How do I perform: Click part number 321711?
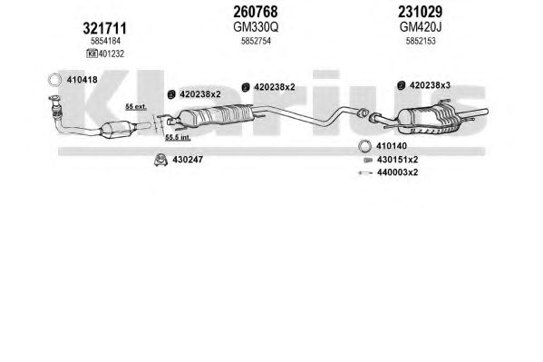(x=104, y=28)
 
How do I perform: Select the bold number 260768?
(x=256, y=12)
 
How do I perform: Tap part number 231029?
(x=420, y=12)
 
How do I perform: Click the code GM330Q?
(x=256, y=26)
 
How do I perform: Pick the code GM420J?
(x=421, y=26)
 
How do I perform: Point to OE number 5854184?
(x=105, y=41)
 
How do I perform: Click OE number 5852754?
(x=256, y=41)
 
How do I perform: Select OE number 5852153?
(x=421, y=41)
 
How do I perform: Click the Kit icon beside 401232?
(x=92, y=54)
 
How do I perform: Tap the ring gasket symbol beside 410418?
(x=54, y=80)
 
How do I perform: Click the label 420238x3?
(x=430, y=85)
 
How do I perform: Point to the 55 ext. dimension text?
(x=136, y=107)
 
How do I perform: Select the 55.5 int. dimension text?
(x=178, y=137)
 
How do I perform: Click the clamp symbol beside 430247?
(x=161, y=160)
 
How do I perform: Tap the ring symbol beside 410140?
(x=364, y=146)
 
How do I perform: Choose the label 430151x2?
(x=397, y=160)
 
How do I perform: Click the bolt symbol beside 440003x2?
(x=365, y=172)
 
